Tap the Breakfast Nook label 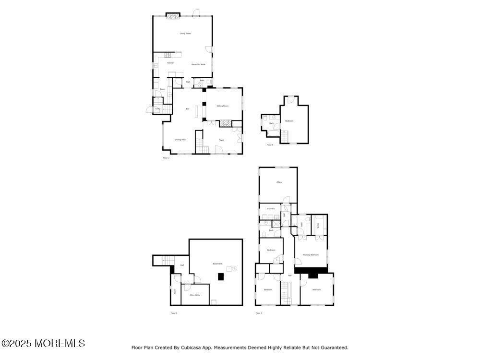(x=198, y=64)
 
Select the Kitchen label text (x=170, y=63)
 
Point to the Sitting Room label (x=222, y=106)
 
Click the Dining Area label (x=180, y=140)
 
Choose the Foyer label (x=221, y=140)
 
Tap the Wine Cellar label (x=195, y=295)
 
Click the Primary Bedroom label (x=311, y=255)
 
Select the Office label (x=279, y=182)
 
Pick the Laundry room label (x=271, y=209)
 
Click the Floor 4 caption (x=270, y=144)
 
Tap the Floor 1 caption (x=174, y=313)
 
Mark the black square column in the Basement (x=220, y=276)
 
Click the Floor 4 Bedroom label (x=289, y=121)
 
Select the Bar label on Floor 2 (x=187, y=109)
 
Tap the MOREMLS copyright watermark (x=43, y=343)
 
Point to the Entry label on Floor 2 (x=157, y=109)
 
